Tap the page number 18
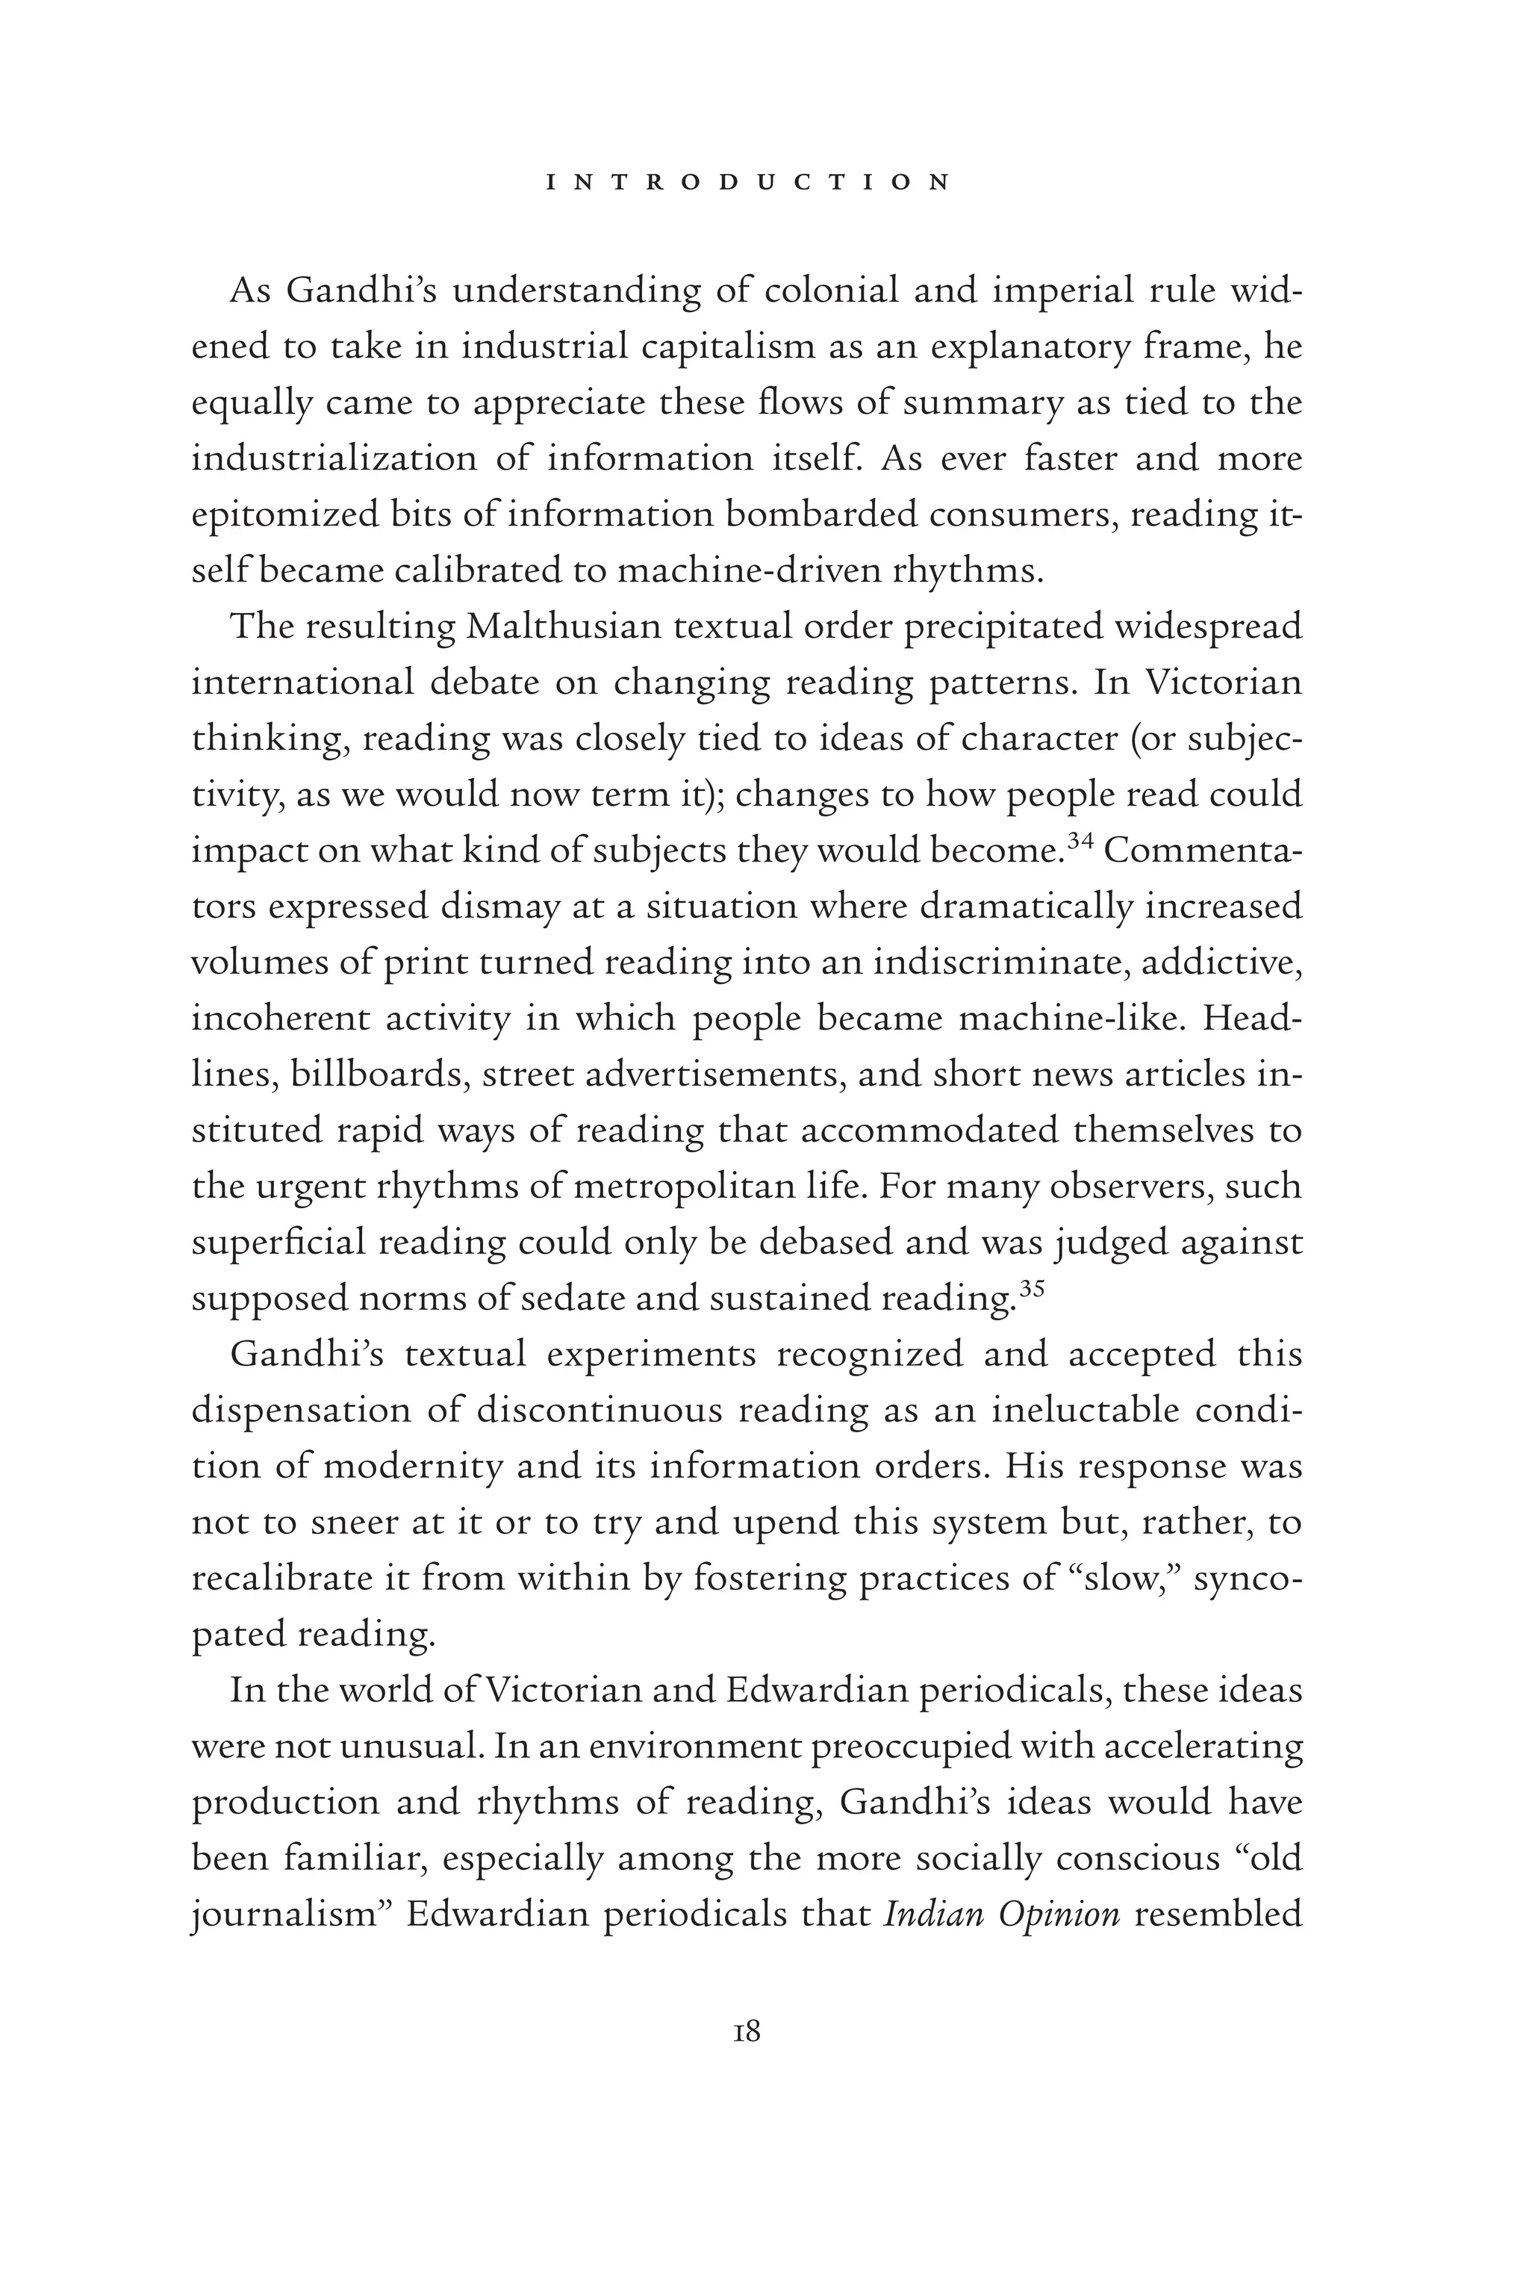click(x=746, y=2033)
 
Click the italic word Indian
click(x=927, y=1915)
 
